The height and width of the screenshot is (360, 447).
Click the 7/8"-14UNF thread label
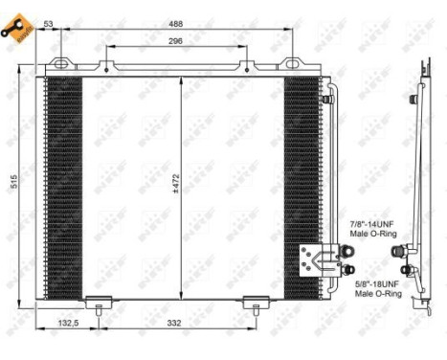click(x=371, y=222)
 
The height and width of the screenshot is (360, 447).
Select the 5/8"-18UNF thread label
click(x=373, y=285)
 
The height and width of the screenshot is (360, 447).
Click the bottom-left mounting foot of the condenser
click(x=99, y=304)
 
